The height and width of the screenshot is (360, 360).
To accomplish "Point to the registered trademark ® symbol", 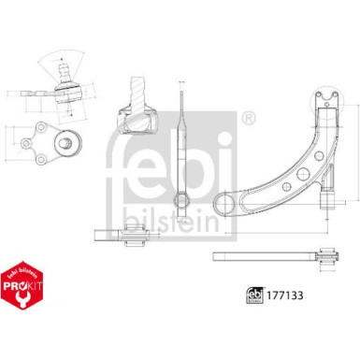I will click(x=248, y=118).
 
